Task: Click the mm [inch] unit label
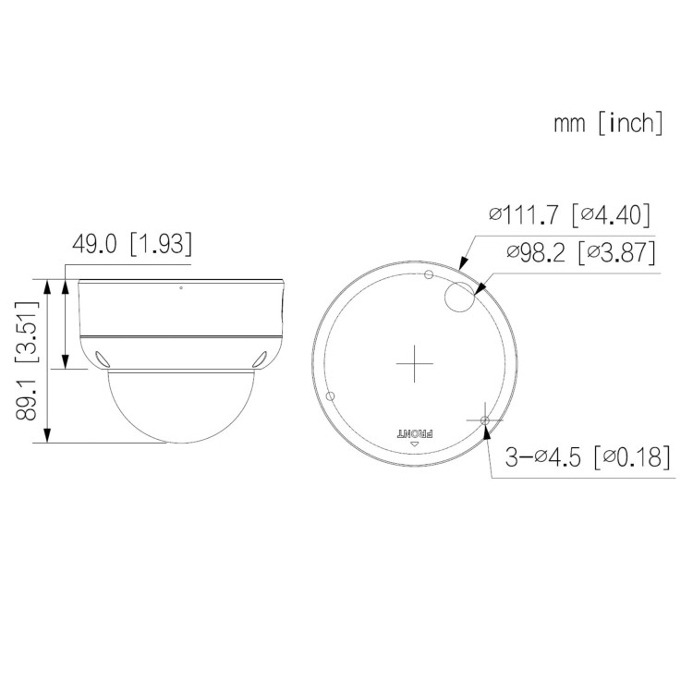pyautogui.click(x=608, y=124)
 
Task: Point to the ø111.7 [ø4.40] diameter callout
pyautogui.click(x=570, y=215)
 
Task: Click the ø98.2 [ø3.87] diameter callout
pyautogui.click(x=581, y=251)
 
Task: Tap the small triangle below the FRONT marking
pyautogui.click(x=415, y=444)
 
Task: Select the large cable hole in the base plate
pyautogui.click(x=459, y=298)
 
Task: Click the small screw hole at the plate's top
pyautogui.click(x=428, y=275)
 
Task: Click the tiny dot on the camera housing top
pyautogui.click(x=181, y=287)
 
